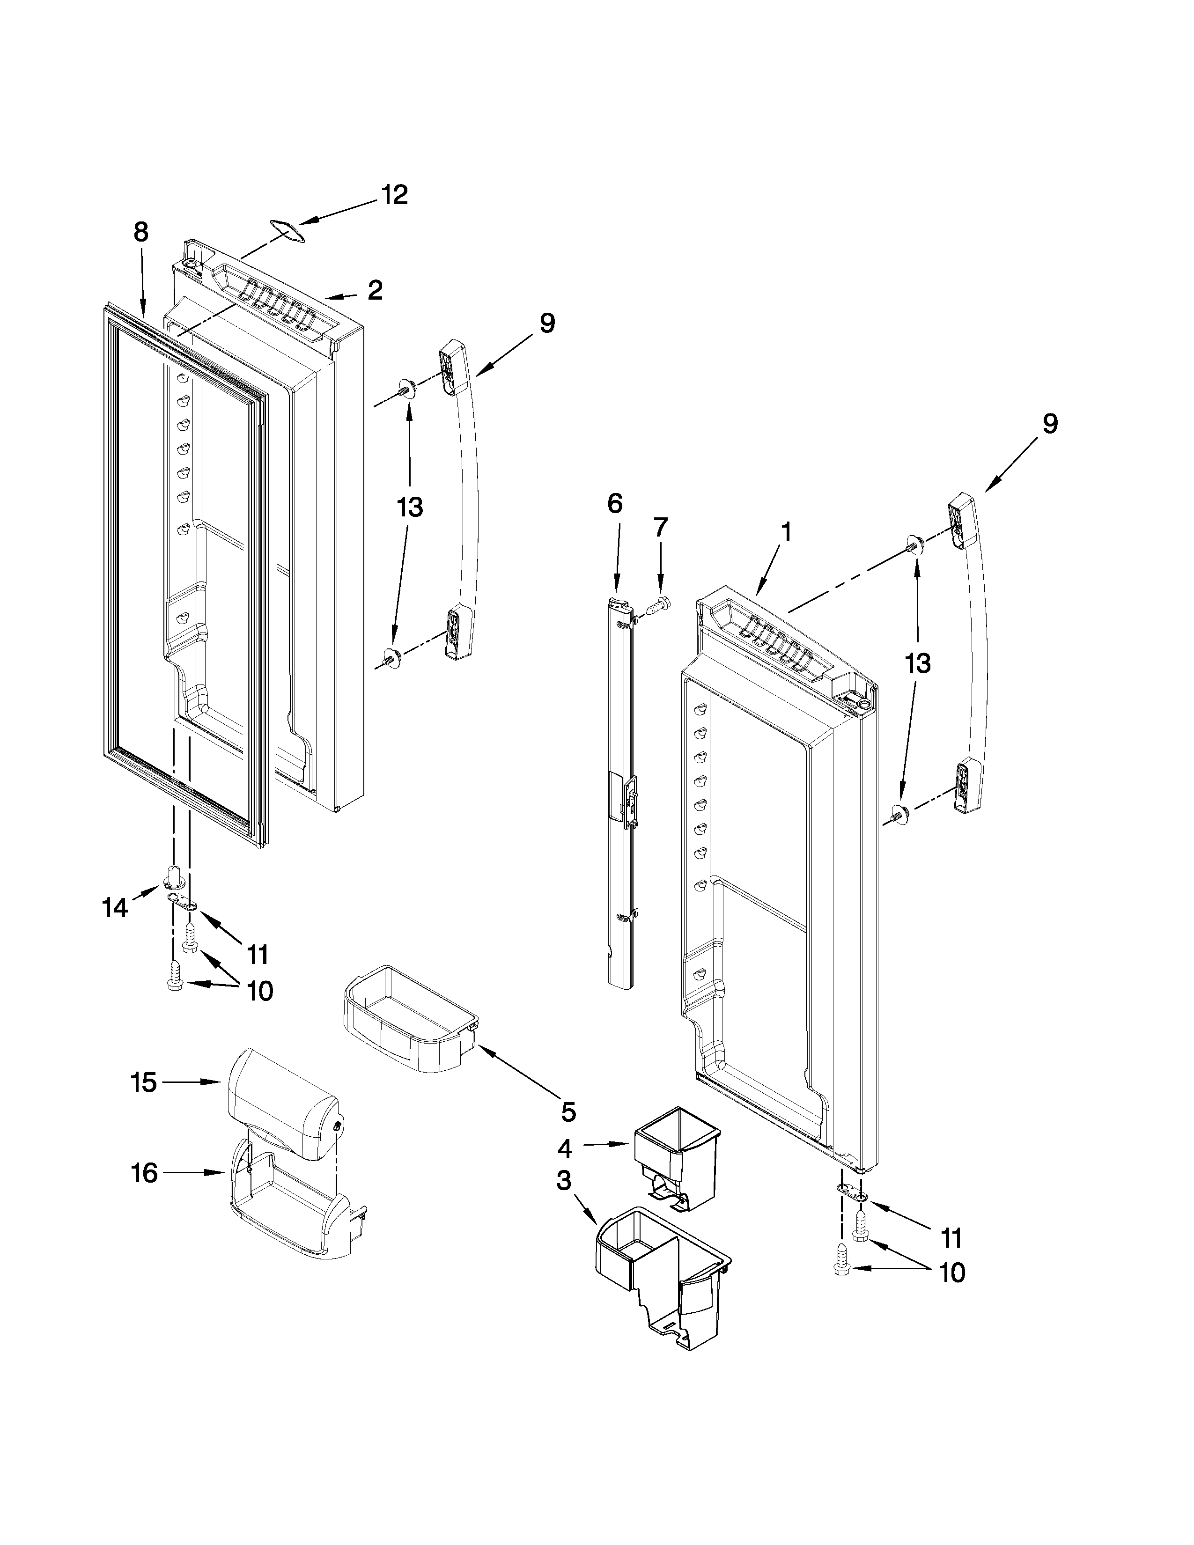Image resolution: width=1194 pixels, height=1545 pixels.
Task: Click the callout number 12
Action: pos(395,195)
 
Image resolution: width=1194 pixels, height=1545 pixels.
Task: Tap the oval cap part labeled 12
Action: pos(286,231)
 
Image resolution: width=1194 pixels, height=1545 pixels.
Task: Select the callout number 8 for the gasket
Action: pos(141,232)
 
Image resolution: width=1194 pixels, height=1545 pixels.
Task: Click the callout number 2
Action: pos(375,289)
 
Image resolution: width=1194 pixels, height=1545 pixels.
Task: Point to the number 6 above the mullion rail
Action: pos(615,504)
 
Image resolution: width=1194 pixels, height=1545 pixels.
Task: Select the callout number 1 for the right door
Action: pos(786,532)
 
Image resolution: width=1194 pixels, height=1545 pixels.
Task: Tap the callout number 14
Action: pos(115,907)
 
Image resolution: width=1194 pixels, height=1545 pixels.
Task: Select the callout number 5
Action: pos(568,1111)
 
